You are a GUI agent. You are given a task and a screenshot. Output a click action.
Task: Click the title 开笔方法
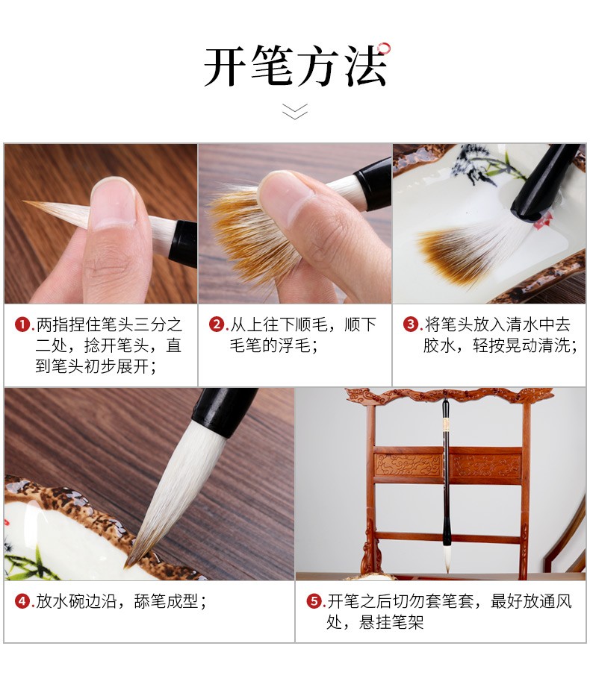coord(295,65)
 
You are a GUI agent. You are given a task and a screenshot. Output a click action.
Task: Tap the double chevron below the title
coord(295,111)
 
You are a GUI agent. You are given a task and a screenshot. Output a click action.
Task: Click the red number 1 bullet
coord(22,324)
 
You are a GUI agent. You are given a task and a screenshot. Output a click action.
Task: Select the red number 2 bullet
coord(216,324)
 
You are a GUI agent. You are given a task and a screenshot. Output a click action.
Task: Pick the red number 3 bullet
coord(410,324)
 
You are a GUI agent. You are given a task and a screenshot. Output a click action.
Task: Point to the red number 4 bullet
coord(22,601)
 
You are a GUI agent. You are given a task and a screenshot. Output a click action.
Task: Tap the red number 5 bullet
coord(313,601)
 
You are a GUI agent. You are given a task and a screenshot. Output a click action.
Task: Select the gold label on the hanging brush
coord(446,425)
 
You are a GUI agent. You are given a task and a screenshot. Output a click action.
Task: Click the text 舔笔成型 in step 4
coord(166,601)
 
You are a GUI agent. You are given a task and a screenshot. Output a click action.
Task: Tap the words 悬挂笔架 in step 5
coord(391,622)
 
